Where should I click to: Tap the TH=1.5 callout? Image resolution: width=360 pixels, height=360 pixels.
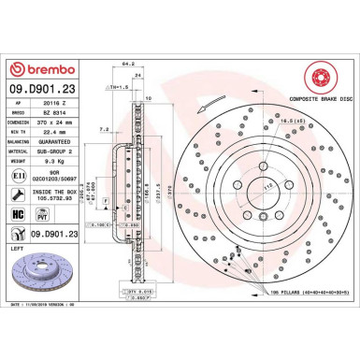point(120,85)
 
